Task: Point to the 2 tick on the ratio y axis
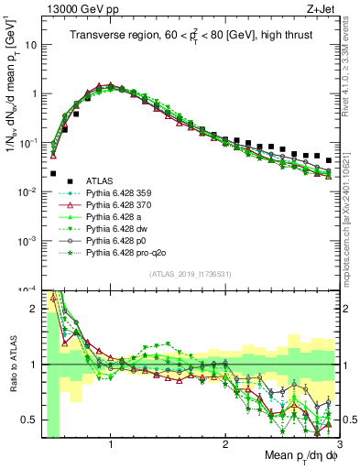33,309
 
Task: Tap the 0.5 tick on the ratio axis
29,420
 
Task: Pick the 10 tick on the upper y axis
29,44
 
